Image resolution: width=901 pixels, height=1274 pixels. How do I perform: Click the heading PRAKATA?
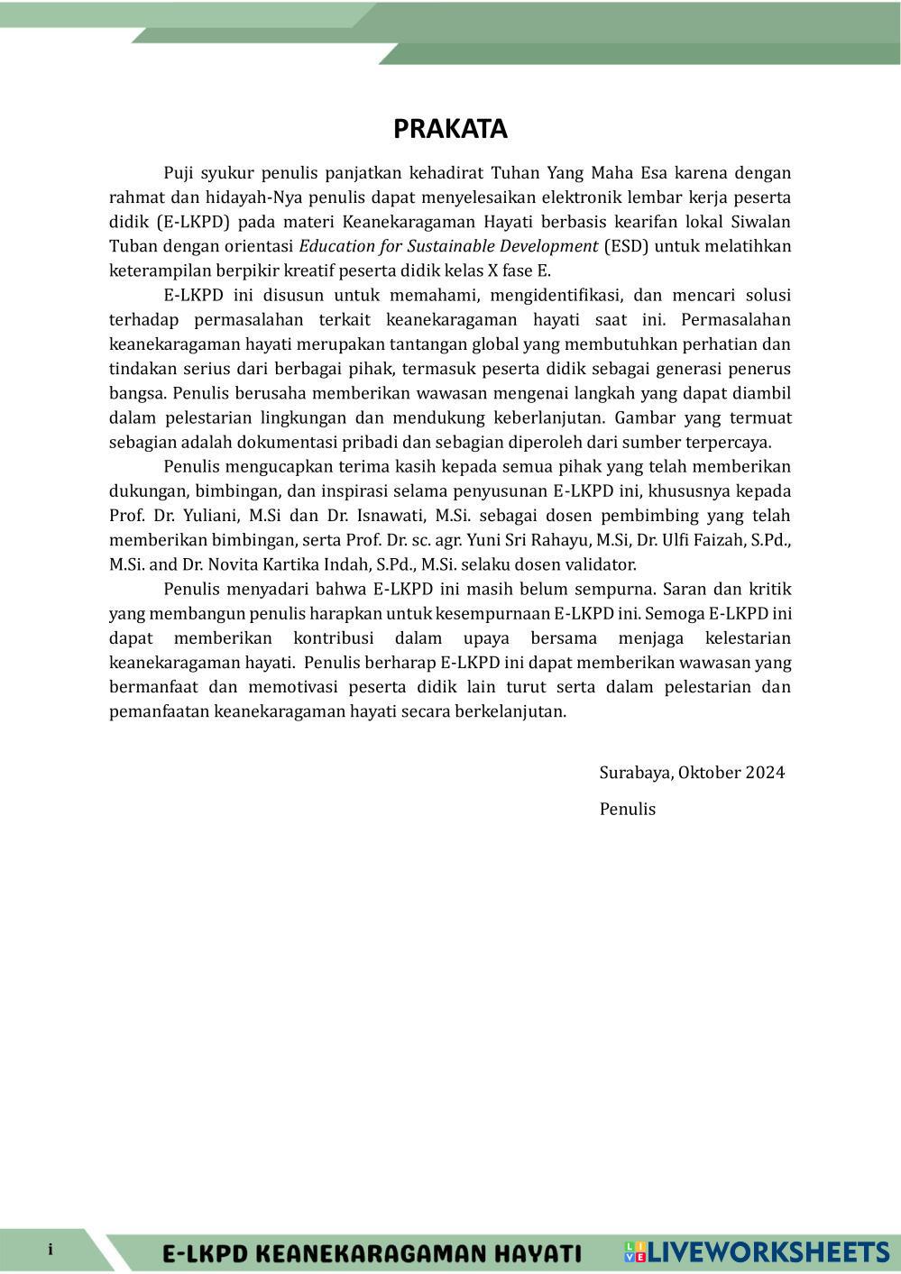pyautogui.click(x=450, y=129)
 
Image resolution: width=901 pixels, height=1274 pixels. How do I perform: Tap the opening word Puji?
pyautogui.click(x=178, y=173)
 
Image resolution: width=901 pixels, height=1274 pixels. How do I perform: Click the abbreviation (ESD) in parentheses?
pyautogui.click(x=625, y=246)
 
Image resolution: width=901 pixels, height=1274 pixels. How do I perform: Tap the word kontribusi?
pyautogui.click(x=334, y=638)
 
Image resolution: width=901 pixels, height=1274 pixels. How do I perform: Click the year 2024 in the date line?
pyautogui.click(x=765, y=773)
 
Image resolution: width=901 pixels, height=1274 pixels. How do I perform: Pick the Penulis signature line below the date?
pyautogui.click(x=627, y=809)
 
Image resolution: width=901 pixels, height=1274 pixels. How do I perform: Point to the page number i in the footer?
pyautogui.click(x=51, y=1250)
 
